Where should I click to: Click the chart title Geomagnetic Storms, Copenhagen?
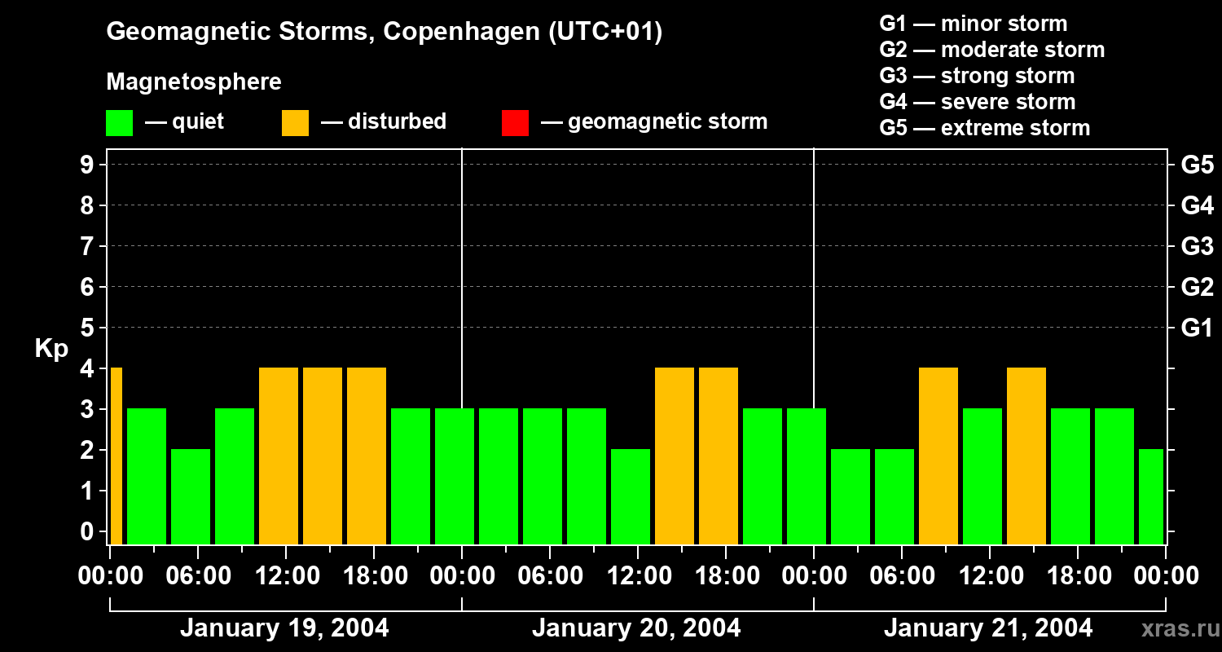tap(384, 32)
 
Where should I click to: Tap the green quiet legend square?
tap(120, 122)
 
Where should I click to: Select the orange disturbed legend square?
tap(295, 122)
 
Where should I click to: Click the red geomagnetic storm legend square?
tap(515, 122)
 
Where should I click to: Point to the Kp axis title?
tap(51, 349)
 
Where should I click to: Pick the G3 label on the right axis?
tap(1197, 246)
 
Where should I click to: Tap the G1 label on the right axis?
tap(1197, 328)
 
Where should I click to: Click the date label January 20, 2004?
tap(636, 628)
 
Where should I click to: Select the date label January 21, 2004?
tap(988, 628)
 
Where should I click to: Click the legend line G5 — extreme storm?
tap(984, 128)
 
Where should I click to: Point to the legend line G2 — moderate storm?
tap(991, 50)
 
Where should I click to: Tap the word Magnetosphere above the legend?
tap(194, 82)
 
